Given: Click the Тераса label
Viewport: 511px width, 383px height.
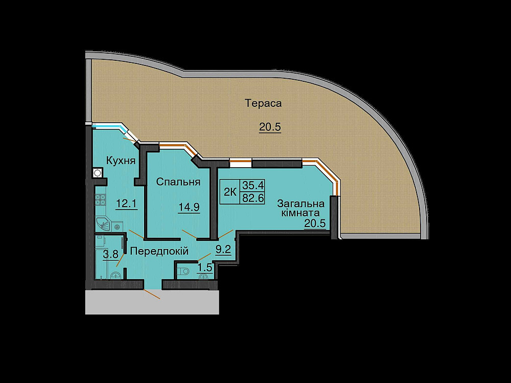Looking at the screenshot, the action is point(263,104).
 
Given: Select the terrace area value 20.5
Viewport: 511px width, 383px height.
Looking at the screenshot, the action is point(270,127).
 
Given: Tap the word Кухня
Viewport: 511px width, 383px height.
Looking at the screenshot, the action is point(121,161).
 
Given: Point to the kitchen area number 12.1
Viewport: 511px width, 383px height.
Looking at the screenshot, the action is point(126,204).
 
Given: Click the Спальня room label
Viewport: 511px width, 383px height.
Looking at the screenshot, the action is point(178,182).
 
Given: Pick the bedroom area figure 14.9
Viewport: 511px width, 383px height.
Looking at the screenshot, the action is point(189,207).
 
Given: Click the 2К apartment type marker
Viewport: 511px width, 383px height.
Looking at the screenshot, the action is point(230,192).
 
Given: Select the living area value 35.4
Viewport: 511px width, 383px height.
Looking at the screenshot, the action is point(253,185).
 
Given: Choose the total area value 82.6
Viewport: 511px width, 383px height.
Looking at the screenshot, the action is point(253,198).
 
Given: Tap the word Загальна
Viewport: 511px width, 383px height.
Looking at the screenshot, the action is point(300,204).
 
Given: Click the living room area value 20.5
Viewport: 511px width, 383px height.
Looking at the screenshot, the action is point(315,224).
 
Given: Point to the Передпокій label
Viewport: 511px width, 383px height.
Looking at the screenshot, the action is point(159,251).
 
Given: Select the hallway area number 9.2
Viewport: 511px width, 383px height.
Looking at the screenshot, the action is point(223,250).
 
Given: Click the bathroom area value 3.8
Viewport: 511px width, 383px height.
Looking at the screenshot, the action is point(110,254).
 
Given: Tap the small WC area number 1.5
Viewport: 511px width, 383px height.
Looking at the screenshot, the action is point(205,267).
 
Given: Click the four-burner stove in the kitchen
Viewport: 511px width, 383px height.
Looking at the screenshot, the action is point(100,199).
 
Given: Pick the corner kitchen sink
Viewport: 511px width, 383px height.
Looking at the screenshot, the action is point(104,224).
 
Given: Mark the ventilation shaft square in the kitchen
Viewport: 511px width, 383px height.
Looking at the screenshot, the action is point(97,172).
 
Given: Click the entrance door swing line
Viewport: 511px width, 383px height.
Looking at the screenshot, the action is point(152,294).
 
